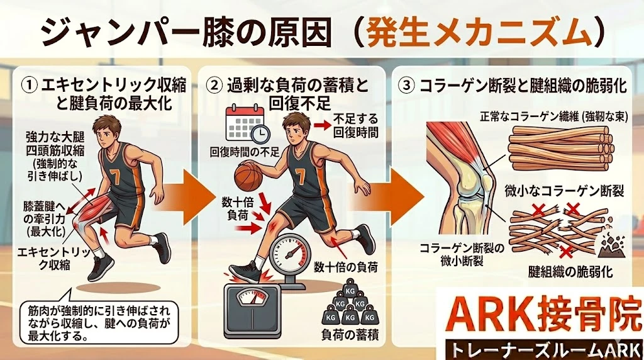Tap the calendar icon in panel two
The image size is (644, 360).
pyautogui.click(x=244, y=123)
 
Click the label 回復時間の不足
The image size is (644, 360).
pyautogui.click(x=247, y=152)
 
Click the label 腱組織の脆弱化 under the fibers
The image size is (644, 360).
pyautogui.click(x=563, y=273)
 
